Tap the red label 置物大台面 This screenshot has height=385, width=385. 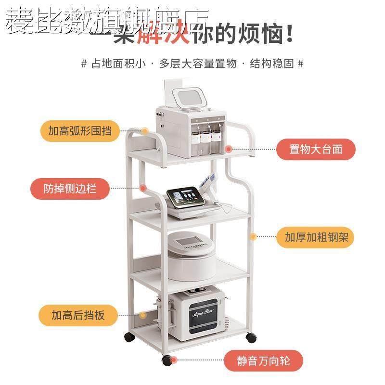[x=316, y=149]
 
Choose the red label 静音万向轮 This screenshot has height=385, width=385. [x=264, y=360]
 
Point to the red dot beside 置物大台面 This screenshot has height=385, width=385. [x=229, y=150]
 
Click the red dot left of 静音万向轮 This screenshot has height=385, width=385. [x=174, y=360]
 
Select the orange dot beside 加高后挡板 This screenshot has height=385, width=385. [x=142, y=315]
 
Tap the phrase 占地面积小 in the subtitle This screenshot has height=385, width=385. [x=117, y=63]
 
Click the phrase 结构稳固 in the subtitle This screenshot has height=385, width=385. [x=272, y=63]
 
